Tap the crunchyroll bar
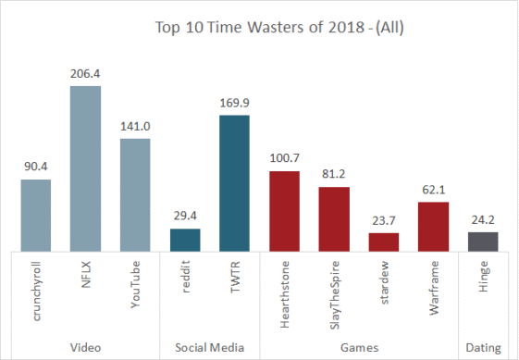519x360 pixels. [x=36, y=215]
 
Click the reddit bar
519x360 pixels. [x=185, y=240]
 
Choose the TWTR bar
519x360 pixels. [x=234, y=182]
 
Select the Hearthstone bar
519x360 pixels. [x=284, y=211]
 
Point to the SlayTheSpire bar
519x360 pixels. [x=334, y=218]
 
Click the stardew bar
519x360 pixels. [x=383, y=242]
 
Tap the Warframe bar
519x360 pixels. [x=433, y=226]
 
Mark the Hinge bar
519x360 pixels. [x=482, y=242]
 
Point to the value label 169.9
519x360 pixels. [x=234, y=104]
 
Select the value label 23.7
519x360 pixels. [x=383, y=221]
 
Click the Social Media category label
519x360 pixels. [x=209, y=347]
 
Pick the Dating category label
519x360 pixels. [x=482, y=347]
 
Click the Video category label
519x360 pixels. [x=86, y=347]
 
